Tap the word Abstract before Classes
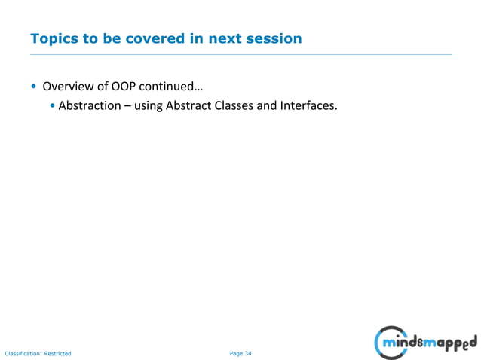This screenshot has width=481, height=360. coord(195,105)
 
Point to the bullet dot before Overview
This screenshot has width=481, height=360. coord(33,85)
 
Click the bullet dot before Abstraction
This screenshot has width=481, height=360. coord(52,106)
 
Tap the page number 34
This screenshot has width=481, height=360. coord(248,353)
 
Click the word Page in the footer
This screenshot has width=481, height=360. coord(235,353)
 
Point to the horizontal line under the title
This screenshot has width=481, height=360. coord(240,54)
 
